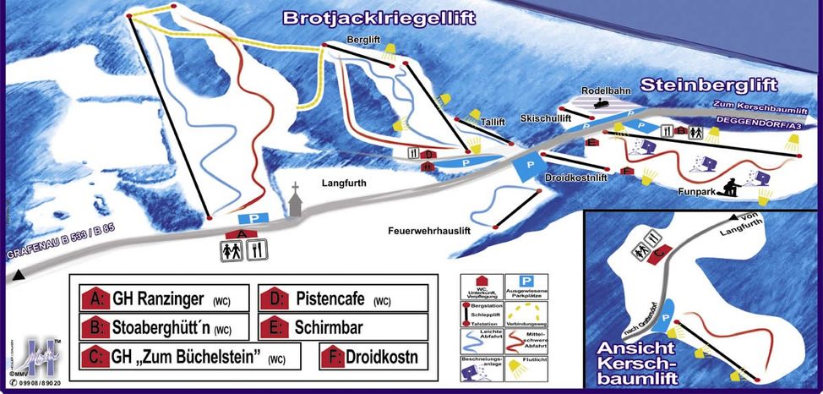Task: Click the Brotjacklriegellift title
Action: [379, 18]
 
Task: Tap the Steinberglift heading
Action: [708, 85]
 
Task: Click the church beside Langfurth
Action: [295, 201]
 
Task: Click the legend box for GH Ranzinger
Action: [160, 298]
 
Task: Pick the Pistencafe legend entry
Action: [343, 299]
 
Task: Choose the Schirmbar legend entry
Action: [343, 327]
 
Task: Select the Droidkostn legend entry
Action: [373, 357]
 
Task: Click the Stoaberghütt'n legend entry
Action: [160, 327]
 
